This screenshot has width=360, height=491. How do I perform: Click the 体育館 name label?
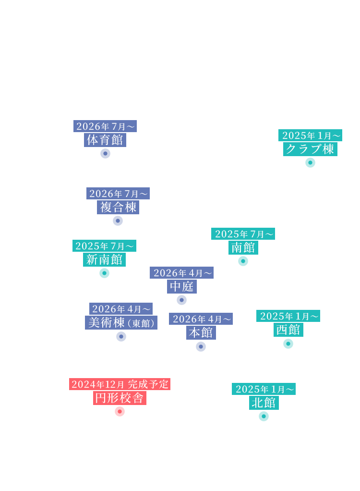coord(105,140)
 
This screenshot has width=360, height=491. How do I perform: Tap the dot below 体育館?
coord(105,153)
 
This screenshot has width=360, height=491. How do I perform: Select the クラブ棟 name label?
coord(310,149)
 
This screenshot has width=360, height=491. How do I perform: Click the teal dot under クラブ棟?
coord(310,162)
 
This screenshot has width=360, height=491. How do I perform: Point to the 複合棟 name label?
coord(118,207)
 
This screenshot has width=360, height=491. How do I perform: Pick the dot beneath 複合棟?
coord(118,221)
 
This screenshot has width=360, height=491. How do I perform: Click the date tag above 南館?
coord(243,234)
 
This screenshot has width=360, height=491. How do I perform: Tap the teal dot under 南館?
coord(243,261)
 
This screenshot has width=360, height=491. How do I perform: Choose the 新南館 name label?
coord(104,259)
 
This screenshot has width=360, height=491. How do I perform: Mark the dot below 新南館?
coord(104,273)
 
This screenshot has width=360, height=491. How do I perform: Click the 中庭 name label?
coord(181,286)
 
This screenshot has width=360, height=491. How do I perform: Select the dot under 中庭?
coord(181,300)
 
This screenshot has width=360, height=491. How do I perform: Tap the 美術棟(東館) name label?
coord(121,322)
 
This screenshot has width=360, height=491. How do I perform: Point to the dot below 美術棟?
coord(121,336)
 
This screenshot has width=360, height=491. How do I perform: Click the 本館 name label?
coord(201,332)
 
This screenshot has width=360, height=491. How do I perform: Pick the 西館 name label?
coord(288,330)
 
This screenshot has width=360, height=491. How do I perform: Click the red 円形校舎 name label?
coord(120,398)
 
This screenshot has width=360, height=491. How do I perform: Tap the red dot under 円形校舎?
coord(120,411)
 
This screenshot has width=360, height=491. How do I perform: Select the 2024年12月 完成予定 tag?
coord(120,384)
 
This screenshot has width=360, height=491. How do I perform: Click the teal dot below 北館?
coord(264,416)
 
